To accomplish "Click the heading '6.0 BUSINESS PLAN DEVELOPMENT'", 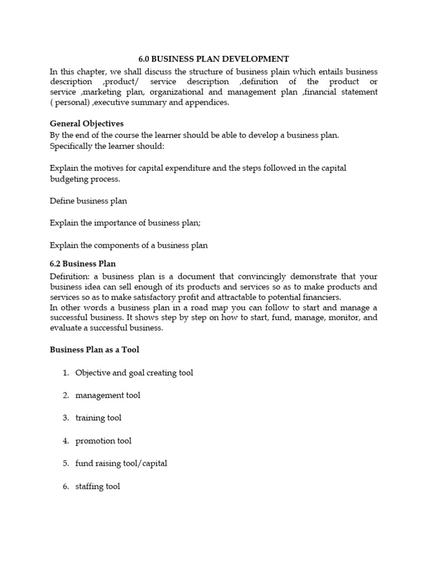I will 213,59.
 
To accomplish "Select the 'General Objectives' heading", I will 86,123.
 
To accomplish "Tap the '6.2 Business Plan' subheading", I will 82,263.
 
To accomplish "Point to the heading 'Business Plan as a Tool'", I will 94,350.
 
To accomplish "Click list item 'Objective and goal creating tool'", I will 134,372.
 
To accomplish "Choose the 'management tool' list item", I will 108,395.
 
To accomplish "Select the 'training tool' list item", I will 98,418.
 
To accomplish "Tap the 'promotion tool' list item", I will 103,441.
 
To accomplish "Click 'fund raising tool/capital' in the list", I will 121,463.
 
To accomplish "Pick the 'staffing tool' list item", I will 98,486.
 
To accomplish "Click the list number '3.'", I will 66,418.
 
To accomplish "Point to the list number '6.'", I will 66,486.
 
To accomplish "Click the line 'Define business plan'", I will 88,201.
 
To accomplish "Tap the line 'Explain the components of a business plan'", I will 128,245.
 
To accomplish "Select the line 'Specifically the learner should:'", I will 107,146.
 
